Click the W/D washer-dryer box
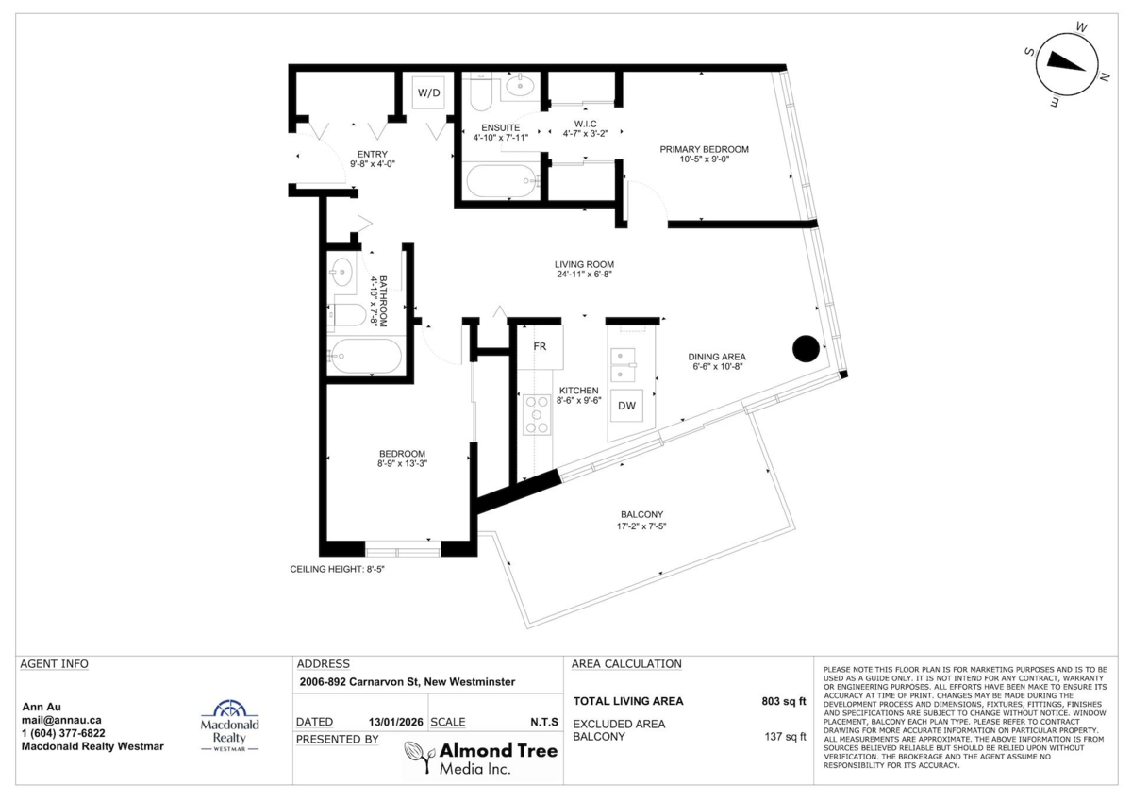[428, 92]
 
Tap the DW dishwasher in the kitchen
[626, 406]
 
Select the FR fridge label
[540, 346]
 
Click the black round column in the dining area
[806, 349]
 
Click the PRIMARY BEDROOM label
[704, 150]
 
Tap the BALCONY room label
[641, 514]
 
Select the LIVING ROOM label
[584, 264]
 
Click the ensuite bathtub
[502, 180]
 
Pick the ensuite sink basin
[520, 87]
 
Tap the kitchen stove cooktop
[537, 415]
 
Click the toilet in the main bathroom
[349, 315]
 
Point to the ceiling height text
[337, 569]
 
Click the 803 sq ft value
[784, 701]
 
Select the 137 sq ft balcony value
[785, 736]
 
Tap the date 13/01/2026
[395, 722]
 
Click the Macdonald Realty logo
[230, 726]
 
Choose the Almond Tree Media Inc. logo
[480, 758]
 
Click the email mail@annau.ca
[61, 720]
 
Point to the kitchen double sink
[624, 365]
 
